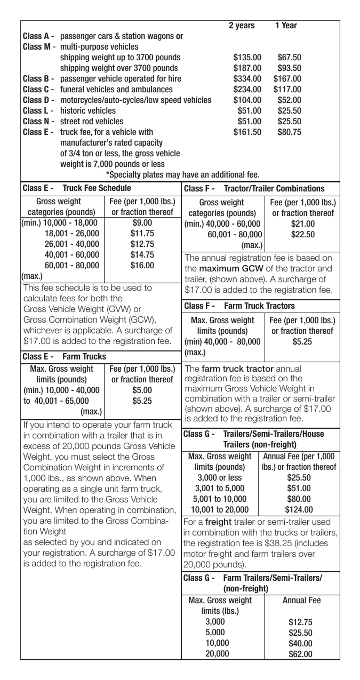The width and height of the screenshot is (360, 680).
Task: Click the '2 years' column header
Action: coord(241,25)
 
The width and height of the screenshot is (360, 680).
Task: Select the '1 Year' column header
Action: coord(286,25)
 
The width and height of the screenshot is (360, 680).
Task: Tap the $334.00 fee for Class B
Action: coord(247,79)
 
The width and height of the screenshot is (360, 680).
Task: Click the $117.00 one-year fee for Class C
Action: coord(287,89)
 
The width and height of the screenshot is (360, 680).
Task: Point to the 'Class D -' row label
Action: coord(38,100)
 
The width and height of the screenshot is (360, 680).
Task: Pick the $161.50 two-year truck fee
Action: coord(247,132)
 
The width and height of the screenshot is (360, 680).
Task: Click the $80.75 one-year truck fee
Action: coord(289,132)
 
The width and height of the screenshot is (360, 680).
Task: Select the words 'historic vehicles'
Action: coord(88,111)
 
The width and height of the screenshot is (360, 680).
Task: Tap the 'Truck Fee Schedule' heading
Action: coord(97,188)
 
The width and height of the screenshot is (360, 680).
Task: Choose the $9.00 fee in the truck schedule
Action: coord(142,223)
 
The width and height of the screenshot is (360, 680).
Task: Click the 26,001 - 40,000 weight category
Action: coord(72,244)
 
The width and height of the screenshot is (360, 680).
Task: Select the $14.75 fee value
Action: coord(142,255)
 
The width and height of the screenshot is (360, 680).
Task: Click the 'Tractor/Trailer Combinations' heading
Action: coord(274,188)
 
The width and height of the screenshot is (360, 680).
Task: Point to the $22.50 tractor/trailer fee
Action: coord(303,234)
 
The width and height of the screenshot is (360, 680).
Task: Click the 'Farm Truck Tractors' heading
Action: coord(259,306)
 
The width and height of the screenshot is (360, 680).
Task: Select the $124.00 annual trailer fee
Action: coord(299,510)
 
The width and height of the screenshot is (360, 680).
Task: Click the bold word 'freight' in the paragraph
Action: coord(218,522)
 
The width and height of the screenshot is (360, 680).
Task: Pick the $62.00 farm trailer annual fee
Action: coord(301,654)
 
